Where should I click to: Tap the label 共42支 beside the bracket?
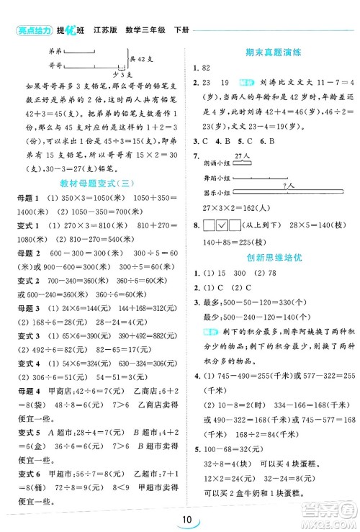(x=143, y=59)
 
